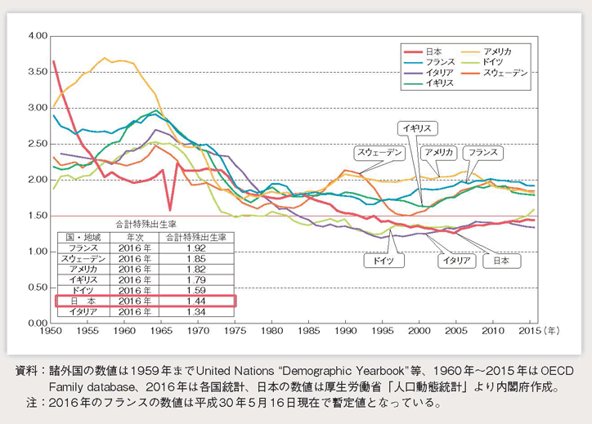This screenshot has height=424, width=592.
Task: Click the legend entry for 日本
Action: (x=434, y=51)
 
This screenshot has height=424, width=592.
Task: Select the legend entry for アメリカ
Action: (x=499, y=51)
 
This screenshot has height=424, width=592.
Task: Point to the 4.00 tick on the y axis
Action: (x=36, y=37)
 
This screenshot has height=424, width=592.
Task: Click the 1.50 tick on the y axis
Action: (x=36, y=216)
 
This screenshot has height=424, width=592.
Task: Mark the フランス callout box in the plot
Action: (x=482, y=152)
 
